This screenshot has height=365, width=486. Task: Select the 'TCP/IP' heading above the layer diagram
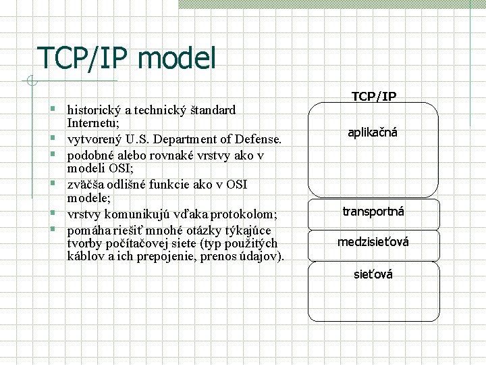pyautogui.click(x=373, y=97)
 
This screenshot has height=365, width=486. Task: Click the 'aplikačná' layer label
pyautogui.click(x=373, y=132)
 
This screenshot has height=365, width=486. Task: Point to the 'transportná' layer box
pyautogui.click(x=373, y=212)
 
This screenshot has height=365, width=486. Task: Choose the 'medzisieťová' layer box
pyautogui.click(x=373, y=242)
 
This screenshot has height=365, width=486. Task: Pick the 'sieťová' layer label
pyautogui.click(x=373, y=274)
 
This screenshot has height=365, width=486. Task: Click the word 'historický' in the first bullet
pyautogui.click(x=93, y=109)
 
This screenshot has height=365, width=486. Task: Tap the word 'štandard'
pyautogui.click(x=213, y=109)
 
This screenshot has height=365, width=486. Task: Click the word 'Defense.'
pyautogui.click(x=257, y=139)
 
